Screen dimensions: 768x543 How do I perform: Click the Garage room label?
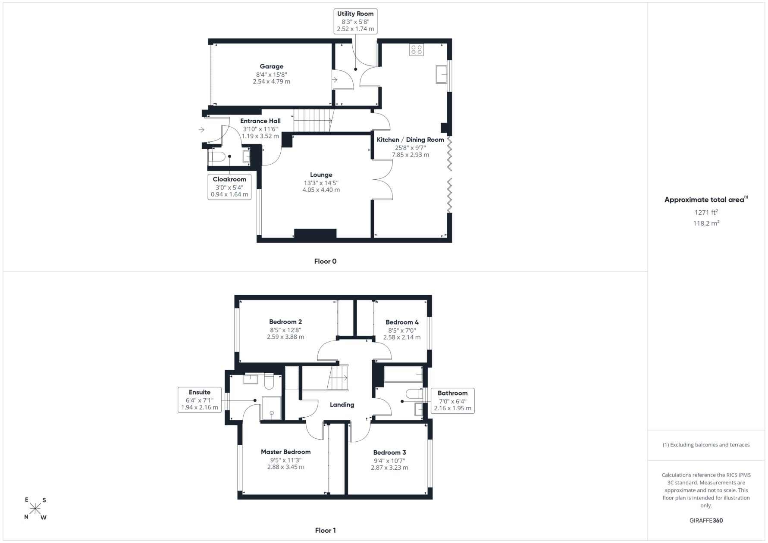271,66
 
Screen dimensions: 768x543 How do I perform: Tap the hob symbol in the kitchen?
417,50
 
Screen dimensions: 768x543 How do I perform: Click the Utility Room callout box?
355,21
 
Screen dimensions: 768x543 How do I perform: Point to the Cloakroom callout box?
229,187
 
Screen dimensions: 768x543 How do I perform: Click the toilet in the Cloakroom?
215,157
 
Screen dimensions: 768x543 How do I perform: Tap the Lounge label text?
321,175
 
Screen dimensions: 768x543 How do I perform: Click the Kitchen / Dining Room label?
410,140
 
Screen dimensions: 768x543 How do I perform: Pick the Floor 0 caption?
325,261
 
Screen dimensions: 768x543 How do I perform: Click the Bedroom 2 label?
285,321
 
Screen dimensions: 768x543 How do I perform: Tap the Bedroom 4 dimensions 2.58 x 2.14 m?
402,337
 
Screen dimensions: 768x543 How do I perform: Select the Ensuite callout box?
200,400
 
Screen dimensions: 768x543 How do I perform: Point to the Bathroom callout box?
453,401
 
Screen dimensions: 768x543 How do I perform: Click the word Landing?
342,405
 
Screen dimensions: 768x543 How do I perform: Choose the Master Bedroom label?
285,452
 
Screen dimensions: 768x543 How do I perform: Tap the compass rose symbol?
35,509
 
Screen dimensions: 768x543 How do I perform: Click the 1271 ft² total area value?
706,212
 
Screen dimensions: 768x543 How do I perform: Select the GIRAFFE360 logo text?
706,520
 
